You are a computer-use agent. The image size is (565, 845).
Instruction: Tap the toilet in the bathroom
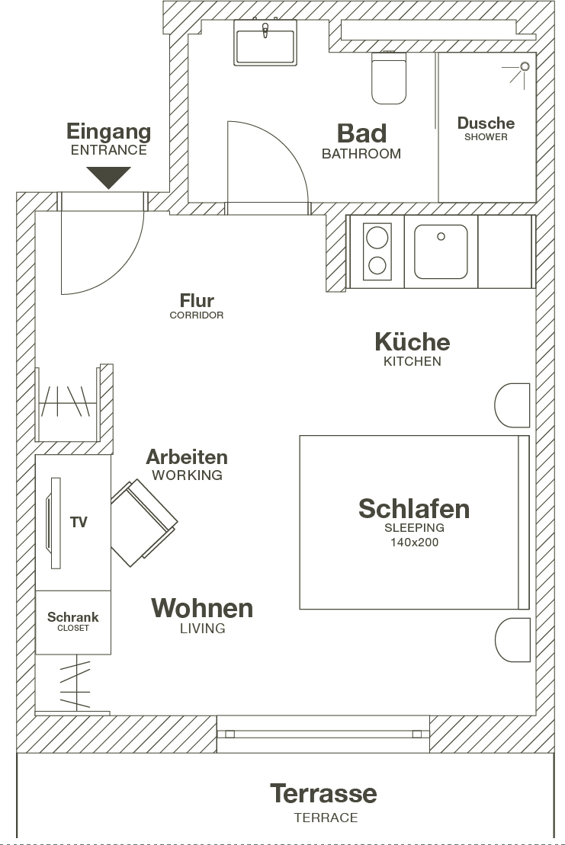[388, 78]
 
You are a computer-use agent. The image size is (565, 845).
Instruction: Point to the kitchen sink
[441, 251]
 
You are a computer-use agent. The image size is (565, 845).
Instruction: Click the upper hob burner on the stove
[377, 237]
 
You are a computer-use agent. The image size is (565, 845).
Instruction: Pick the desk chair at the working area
[144, 523]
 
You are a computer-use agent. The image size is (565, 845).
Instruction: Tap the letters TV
[79, 522]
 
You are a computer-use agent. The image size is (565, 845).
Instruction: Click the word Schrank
[72, 617]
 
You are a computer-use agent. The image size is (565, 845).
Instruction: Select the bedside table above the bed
[512, 405]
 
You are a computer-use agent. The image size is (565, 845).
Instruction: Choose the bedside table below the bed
[512, 640]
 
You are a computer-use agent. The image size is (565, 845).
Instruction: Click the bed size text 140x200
[414, 543]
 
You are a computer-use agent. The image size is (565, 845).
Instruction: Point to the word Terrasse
[323, 793]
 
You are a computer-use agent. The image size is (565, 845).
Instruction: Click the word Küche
[413, 341]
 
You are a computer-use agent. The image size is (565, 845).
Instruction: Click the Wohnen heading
[202, 608]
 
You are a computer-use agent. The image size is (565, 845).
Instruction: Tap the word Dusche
[486, 123]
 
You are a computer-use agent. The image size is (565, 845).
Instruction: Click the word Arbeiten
[187, 457]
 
